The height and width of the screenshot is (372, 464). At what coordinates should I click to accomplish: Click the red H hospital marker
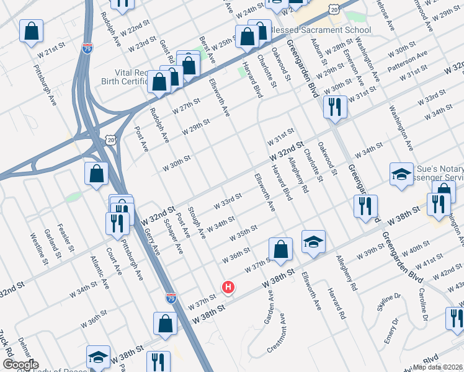pos(228,287)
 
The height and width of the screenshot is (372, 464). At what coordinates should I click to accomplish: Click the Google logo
pos(20,364)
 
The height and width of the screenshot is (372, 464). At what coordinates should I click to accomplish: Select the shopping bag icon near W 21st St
pos(31,32)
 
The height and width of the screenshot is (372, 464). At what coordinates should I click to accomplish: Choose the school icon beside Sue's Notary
pos(401,174)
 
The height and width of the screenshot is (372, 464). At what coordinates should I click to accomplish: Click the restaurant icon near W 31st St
pos(335,107)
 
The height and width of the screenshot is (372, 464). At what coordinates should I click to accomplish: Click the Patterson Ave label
pos(408,63)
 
